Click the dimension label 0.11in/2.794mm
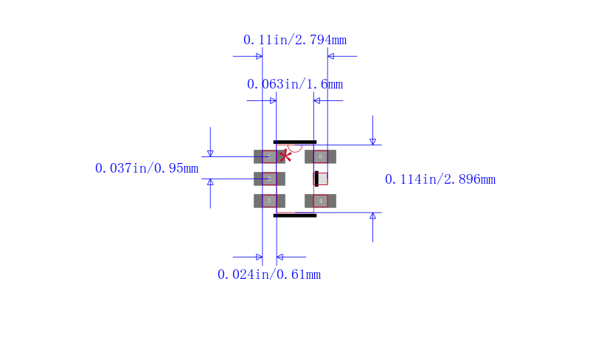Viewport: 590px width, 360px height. (294, 40)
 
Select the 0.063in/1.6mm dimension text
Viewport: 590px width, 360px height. (294, 84)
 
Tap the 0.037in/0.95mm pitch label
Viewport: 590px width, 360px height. (147, 168)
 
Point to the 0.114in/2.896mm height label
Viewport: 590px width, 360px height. (440, 179)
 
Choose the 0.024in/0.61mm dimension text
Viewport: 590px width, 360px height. (268, 274)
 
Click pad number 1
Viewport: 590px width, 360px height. (269, 156)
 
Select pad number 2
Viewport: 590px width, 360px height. (269, 179)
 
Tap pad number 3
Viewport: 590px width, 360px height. (269, 201)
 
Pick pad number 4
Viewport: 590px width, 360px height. (321, 201)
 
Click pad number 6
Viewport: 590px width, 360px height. (321, 156)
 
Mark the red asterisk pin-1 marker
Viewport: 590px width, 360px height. (285, 156)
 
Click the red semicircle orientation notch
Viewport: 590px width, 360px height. (294, 148)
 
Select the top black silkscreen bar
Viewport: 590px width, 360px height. (295, 142)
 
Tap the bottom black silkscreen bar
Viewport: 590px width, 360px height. (295, 215)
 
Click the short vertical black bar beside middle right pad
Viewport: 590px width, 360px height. (316, 179)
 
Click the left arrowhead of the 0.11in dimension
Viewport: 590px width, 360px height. (259, 56)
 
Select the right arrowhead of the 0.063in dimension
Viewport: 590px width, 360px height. (317, 100)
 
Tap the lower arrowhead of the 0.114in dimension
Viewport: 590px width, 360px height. (372, 216)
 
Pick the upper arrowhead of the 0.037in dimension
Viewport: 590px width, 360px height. (210, 153)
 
